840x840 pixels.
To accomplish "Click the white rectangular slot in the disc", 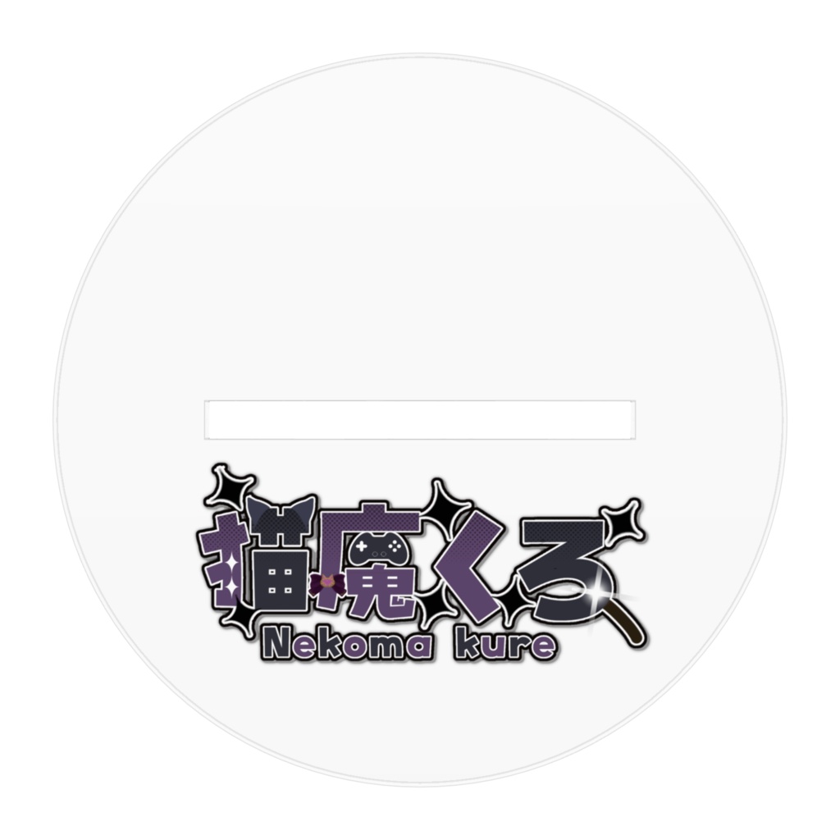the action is point(419,419).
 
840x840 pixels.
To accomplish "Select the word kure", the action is point(505,645).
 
